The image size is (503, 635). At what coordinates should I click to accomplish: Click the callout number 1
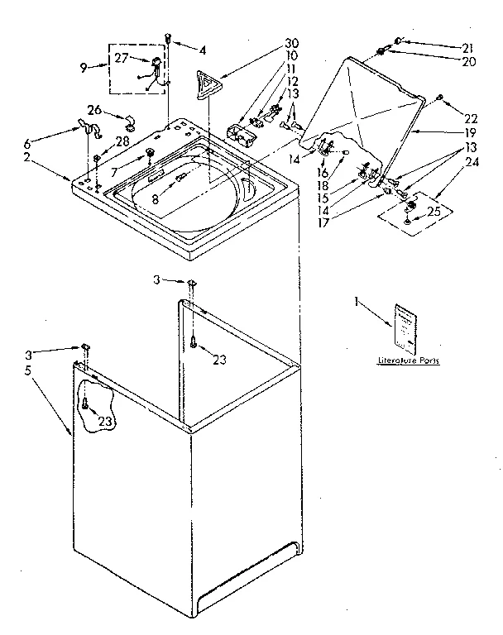pos(357,304)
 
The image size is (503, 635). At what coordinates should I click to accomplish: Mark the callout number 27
pos(121,58)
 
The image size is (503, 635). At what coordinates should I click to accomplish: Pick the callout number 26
pos(94,110)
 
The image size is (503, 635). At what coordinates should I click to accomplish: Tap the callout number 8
pos(155,198)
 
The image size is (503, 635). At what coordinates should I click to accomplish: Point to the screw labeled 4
pos(168,38)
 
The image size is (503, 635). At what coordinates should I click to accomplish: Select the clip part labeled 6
pos(89,128)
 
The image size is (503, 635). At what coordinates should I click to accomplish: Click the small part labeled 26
pos(130,126)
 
